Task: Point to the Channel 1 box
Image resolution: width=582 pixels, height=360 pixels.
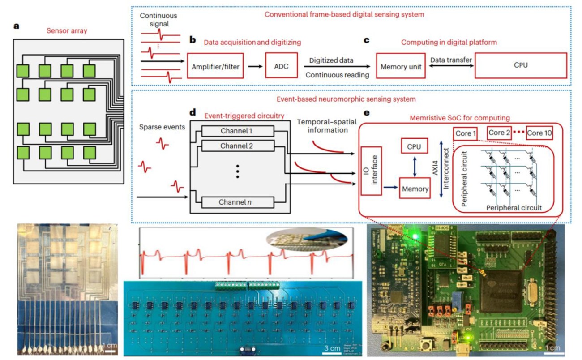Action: click(237, 131)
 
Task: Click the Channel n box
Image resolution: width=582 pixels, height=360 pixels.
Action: click(237, 202)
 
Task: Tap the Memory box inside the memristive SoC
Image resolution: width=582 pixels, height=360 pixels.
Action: click(415, 189)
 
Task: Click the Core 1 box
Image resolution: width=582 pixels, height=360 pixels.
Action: click(465, 133)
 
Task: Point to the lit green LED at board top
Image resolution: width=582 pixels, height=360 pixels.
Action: click(416, 235)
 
